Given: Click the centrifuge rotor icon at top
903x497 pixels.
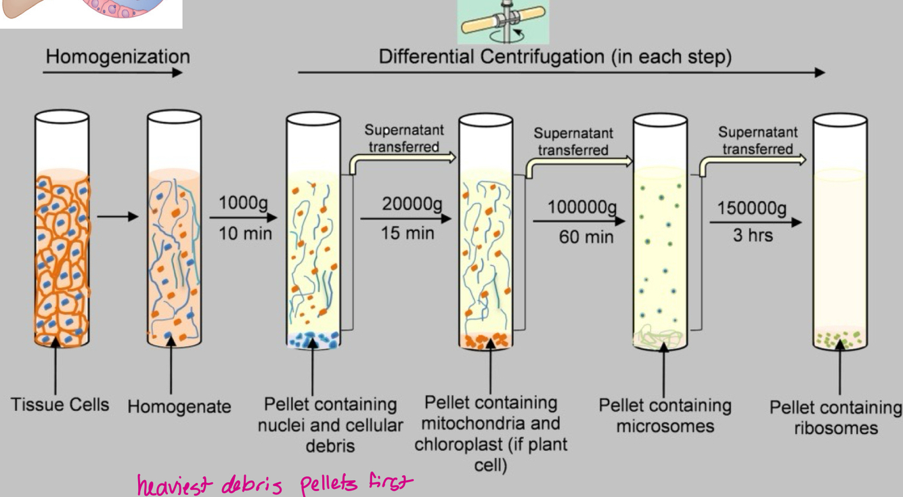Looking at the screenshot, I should tap(503, 22).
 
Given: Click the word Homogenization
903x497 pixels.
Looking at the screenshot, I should tap(118, 56).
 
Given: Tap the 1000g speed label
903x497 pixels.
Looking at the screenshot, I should tap(243, 203).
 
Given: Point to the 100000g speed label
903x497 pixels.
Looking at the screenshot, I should tap(583, 207).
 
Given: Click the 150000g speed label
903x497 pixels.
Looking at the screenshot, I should tap(753, 208).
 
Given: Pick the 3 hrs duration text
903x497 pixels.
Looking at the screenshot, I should tap(751, 236).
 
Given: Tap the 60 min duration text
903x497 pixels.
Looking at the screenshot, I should tap(586, 237).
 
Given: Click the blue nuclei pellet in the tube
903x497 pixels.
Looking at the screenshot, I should tap(312, 340).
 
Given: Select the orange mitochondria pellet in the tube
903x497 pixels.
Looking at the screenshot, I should tap(485, 341).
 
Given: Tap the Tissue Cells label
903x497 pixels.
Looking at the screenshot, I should tap(60, 405).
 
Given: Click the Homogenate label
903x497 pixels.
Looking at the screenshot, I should tap(179, 407).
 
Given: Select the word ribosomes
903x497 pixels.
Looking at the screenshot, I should tap(836, 428).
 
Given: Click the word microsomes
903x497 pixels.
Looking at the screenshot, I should tap(665, 426).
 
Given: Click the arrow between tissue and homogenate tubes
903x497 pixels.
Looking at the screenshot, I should tap(117, 217).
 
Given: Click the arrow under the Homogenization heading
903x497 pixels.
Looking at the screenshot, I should tap(114, 72).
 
